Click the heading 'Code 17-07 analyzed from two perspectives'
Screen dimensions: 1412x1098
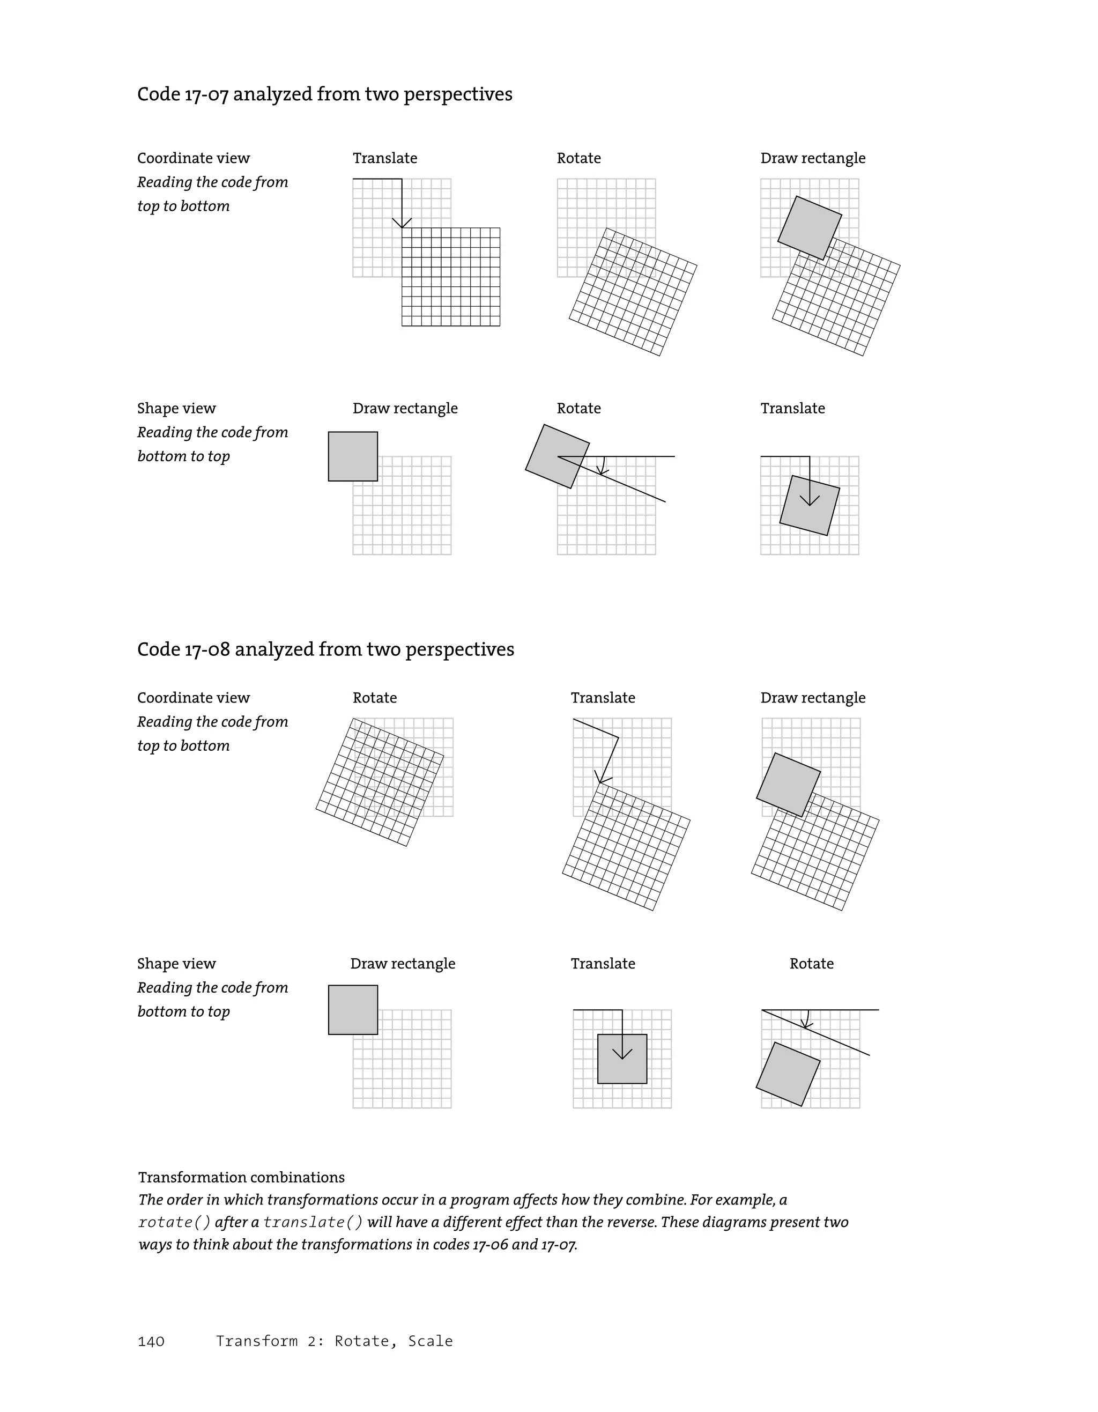(324, 94)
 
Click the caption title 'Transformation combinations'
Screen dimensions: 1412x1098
(241, 1177)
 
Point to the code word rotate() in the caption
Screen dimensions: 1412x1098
(174, 1223)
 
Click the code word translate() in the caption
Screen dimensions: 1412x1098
(313, 1223)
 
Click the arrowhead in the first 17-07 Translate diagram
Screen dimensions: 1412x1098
(402, 224)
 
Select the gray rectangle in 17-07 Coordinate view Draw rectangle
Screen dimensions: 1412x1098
(809, 227)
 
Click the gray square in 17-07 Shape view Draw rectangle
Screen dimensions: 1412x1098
(353, 456)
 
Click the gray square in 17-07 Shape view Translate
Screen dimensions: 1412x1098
(809, 506)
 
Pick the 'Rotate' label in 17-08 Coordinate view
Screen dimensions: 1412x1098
(374, 698)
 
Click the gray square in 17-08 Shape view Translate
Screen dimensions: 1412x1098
(622, 1059)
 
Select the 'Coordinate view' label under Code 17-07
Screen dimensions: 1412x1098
(193, 158)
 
